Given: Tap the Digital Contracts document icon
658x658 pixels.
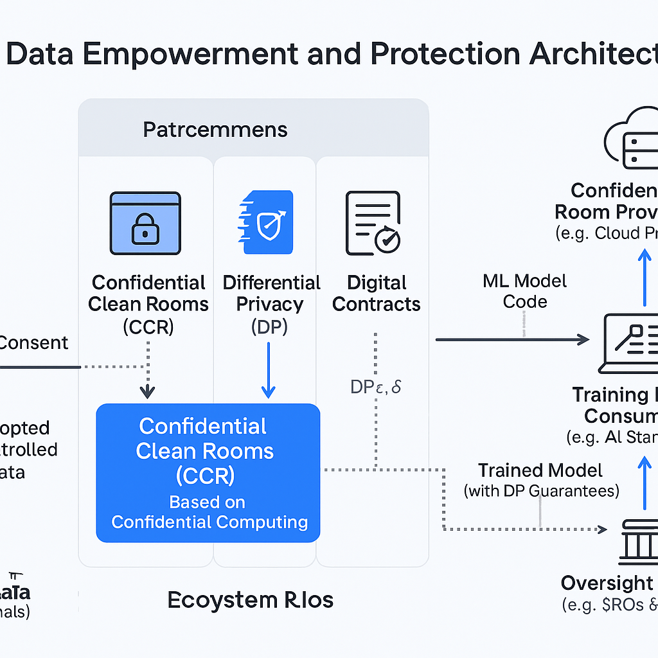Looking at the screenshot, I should [x=372, y=222].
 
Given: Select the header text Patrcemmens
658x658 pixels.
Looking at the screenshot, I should [x=215, y=130].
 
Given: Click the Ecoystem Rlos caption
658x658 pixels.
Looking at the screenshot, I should [x=251, y=600].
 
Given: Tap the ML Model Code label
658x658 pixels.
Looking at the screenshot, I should [x=525, y=291].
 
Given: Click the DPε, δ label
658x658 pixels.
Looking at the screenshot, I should [x=375, y=387].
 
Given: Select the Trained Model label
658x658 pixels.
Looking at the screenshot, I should [x=540, y=470].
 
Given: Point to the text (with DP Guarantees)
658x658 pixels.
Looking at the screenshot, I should [x=541, y=492].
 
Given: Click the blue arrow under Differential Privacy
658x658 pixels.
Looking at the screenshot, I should [x=269, y=369].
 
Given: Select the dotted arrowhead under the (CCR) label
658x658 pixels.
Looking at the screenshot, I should [x=148, y=391].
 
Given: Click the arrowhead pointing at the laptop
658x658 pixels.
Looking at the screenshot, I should [x=583, y=339].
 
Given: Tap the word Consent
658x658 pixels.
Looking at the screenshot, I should [x=33, y=342].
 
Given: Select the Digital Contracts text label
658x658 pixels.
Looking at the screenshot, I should [x=376, y=293].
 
